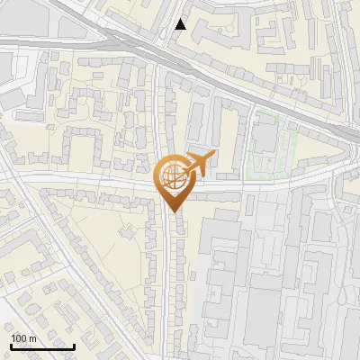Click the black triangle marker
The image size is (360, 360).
[x=181, y=24]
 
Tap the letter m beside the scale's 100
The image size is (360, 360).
[x=33, y=337]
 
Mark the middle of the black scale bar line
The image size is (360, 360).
[x=42, y=346]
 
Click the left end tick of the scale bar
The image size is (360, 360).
[x=11, y=344]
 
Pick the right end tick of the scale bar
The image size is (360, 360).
[x=74, y=344]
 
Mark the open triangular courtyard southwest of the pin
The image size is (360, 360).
[x=108, y=243]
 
